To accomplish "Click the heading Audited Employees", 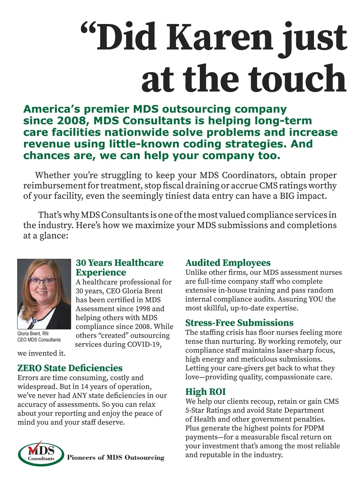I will pyautogui.click(x=228, y=263).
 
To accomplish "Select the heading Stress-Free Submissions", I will pyautogui.click(x=239, y=323).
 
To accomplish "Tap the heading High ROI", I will pyautogui.click(x=205, y=392).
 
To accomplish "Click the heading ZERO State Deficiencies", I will pyautogui.click(x=70, y=368).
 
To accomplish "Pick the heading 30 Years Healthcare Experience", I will pyautogui.click(x=119, y=267).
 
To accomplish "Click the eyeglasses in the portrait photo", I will pyautogui.click(x=42, y=282).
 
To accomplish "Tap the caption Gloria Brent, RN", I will pyautogui.click(x=33, y=333).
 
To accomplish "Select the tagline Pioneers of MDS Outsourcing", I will pyautogui.click(x=115, y=457).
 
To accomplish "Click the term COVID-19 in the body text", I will pyautogui.click(x=144, y=344).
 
